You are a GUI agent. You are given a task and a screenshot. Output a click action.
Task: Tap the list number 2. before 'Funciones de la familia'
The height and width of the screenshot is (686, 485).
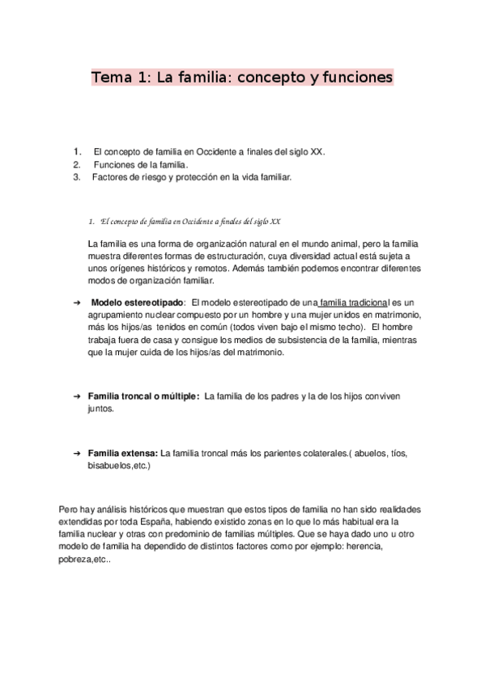pyautogui.click(x=77, y=164)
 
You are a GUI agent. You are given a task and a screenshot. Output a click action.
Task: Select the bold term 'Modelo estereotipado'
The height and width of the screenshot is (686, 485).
pyautogui.click(x=138, y=302)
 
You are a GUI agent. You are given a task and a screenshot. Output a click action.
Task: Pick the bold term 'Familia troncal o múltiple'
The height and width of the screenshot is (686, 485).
pyautogui.click(x=143, y=396)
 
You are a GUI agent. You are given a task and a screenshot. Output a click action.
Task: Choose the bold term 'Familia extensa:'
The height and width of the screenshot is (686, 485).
pyautogui.click(x=122, y=453)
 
